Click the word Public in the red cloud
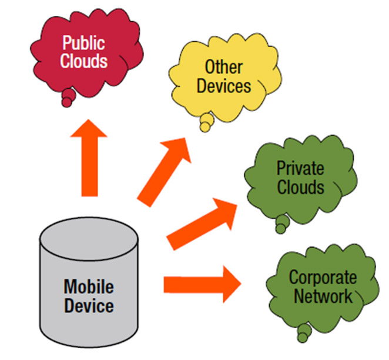click(84, 44)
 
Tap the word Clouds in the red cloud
click(84, 61)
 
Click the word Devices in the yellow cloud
click(224, 86)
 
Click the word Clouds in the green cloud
click(300, 187)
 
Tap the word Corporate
click(323, 278)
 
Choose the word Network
click(323, 295)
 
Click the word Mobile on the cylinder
click(89, 288)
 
